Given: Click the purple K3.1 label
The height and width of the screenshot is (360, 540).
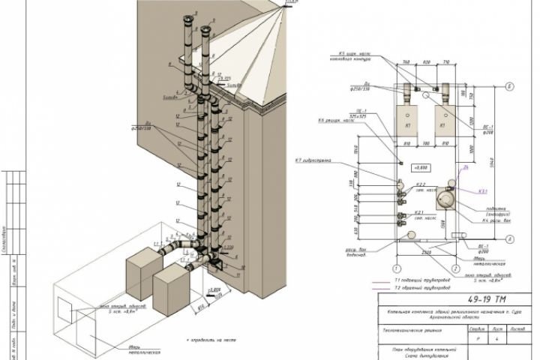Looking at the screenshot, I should point(481,191).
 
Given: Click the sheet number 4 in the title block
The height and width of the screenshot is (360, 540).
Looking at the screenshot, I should point(474,339).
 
